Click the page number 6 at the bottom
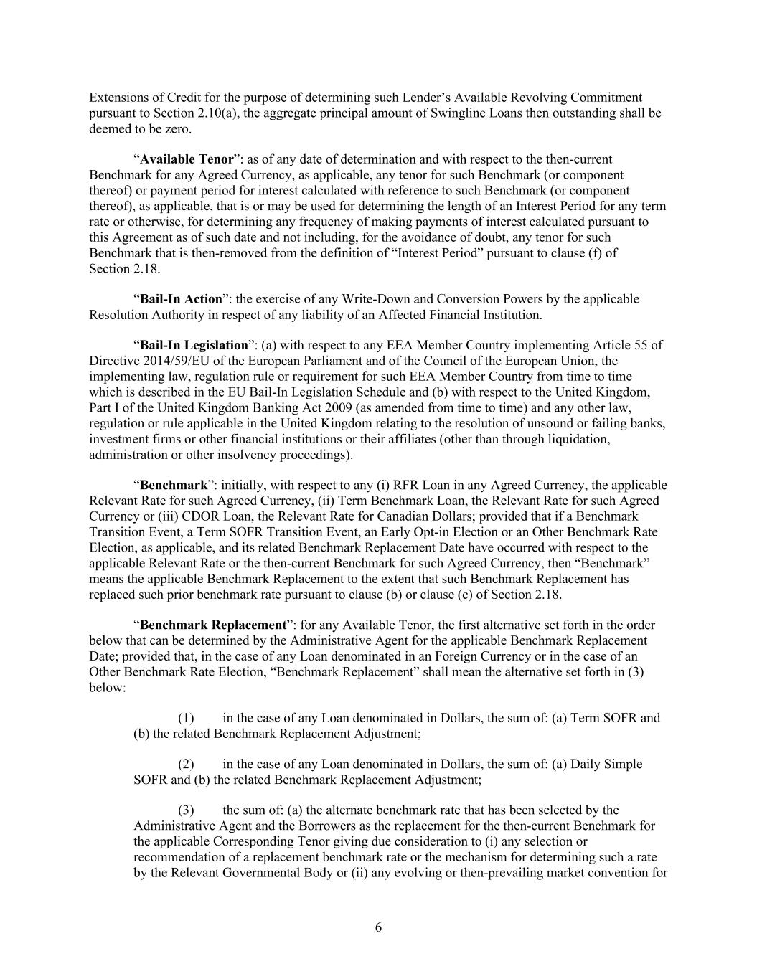[x=378, y=927]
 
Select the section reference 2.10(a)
[x=214, y=113]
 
